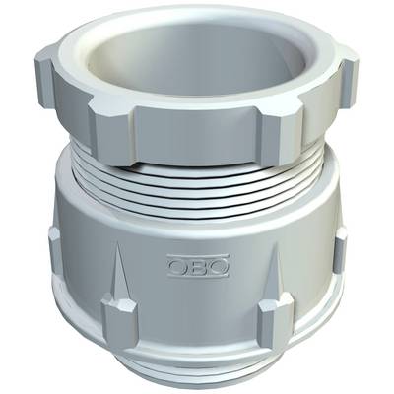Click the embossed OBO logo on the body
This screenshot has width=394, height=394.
[x=198, y=265]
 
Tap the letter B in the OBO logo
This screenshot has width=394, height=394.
[x=198, y=266]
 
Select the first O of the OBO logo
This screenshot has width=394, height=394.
[x=178, y=266]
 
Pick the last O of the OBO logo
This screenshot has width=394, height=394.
[x=218, y=266]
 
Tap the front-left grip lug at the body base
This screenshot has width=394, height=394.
[x=118, y=314]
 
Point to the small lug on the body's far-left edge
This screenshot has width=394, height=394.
[x=54, y=250]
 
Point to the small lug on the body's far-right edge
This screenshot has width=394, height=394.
[x=341, y=250]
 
